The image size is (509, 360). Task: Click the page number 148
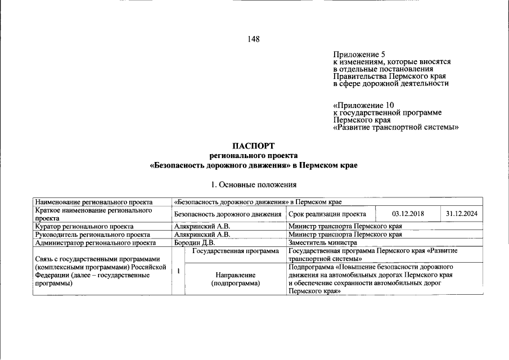[253, 39]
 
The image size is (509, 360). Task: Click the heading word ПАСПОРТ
[254, 146]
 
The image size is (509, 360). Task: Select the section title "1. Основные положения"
[253, 184]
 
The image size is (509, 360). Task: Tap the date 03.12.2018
[408, 214]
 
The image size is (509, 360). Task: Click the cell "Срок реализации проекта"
[327, 214]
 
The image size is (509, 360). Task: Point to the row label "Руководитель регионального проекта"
[92, 235]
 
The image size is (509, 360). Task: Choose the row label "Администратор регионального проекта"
[96, 242]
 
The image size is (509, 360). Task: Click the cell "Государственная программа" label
[235, 251]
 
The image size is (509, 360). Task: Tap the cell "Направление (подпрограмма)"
[235, 279]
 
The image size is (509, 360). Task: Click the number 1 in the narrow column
[178, 271]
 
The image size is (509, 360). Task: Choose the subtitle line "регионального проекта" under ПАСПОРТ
[253, 155]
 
